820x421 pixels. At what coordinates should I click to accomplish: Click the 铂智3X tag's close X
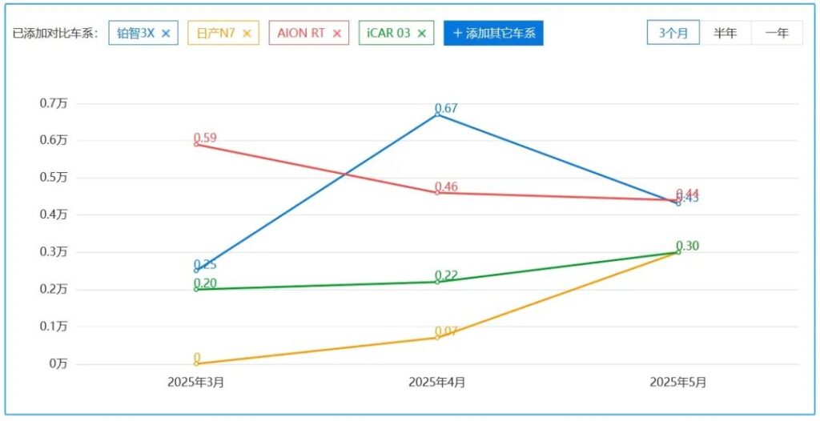coord(166,34)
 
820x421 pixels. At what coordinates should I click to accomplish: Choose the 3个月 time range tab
coord(673,33)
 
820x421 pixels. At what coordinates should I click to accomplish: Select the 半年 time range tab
coord(726,33)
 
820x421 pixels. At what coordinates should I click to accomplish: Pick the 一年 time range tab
coord(777,33)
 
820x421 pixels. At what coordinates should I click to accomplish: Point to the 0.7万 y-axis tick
coord(54,103)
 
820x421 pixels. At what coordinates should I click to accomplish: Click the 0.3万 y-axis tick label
coord(54,252)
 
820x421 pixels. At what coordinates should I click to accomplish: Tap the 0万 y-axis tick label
coord(58,364)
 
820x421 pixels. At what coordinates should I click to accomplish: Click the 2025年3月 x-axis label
coord(195,383)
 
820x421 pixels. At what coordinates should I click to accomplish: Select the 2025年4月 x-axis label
coord(436,383)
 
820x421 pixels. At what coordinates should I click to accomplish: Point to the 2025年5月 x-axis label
coord(678,383)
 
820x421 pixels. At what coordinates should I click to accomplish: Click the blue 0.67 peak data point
coord(437,114)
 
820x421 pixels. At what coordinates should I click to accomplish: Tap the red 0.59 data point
coord(196,144)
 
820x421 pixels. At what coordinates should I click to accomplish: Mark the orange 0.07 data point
coord(437,337)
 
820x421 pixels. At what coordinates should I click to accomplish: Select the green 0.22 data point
coord(437,282)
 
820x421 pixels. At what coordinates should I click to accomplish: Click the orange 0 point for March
coord(196,363)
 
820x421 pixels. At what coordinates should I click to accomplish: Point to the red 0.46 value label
coord(446,187)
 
